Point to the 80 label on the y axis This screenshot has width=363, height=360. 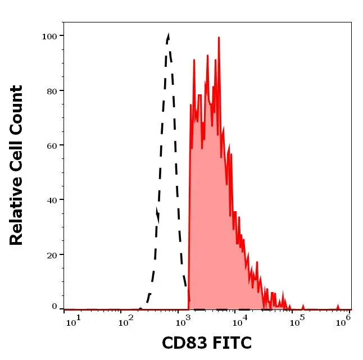(51, 90)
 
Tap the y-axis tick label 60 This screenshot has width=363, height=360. (51, 145)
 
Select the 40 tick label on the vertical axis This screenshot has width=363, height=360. (51, 199)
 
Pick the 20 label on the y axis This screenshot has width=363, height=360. (51, 254)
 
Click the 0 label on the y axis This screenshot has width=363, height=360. (54, 307)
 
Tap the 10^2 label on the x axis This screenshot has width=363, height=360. (127, 321)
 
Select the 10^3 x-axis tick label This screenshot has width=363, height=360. (183, 321)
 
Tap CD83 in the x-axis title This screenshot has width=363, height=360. (180, 342)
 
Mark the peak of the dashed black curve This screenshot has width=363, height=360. (167, 35)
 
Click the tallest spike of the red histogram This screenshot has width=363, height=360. (219, 38)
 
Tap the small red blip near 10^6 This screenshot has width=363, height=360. (338, 306)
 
